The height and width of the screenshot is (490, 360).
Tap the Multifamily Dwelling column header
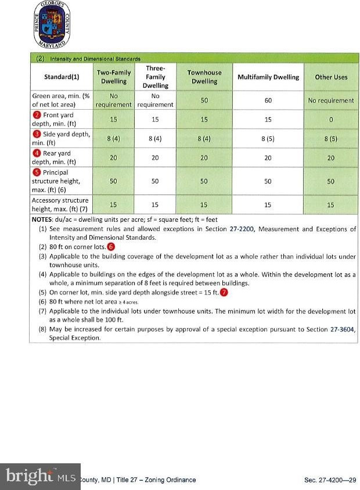point(268,77)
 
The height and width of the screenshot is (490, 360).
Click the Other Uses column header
point(331,77)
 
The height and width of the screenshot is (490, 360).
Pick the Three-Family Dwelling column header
point(155,77)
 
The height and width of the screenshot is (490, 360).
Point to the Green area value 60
point(268,100)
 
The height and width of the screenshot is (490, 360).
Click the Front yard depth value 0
point(331,120)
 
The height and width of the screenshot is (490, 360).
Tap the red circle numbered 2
point(37,115)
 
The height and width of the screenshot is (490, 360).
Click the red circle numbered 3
point(37,134)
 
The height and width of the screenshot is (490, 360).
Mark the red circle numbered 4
point(37,154)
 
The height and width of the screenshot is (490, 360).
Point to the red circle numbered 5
point(37,172)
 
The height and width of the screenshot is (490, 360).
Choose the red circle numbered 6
point(111,247)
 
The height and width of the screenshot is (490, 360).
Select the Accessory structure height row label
point(60,204)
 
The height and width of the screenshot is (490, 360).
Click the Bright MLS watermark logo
point(41,476)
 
